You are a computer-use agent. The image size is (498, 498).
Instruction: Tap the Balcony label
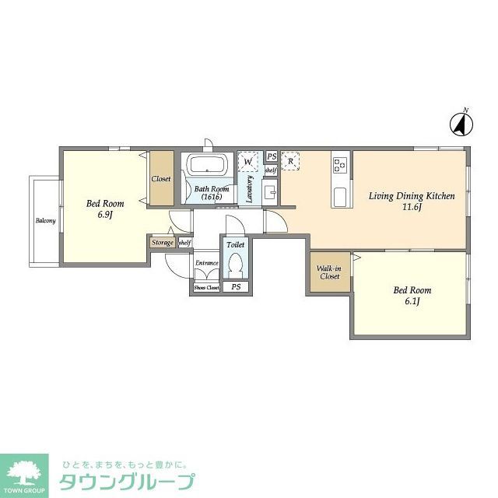(x=45, y=221)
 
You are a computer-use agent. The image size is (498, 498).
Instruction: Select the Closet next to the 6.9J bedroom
(x=161, y=179)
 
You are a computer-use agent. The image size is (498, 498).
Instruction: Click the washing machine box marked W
(x=248, y=161)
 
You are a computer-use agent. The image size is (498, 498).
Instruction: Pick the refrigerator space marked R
(x=291, y=161)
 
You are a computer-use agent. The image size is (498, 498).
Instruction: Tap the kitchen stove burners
(x=341, y=164)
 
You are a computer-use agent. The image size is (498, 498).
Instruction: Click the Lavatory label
(x=250, y=189)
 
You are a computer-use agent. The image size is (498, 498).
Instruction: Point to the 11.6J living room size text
(x=412, y=207)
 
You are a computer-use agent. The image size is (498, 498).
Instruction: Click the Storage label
(x=163, y=243)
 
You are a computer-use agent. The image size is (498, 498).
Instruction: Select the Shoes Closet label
(x=206, y=287)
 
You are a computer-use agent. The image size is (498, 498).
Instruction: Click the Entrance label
(x=206, y=263)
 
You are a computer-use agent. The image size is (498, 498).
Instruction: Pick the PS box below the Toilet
(x=235, y=287)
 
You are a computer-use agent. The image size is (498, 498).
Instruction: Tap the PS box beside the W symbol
(x=271, y=156)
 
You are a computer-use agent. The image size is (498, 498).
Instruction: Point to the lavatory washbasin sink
(x=269, y=191)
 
